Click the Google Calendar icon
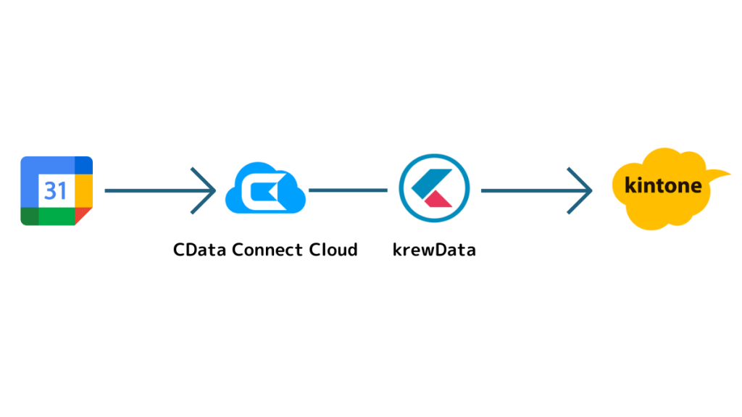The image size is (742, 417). pyautogui.click(x=57, y=191)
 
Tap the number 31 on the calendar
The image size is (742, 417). pyautogui.click(x=56, y=191)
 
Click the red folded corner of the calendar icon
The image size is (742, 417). pyautogui.click(x=83, y=216)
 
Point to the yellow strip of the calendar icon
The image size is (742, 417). pyautogui.click(x=84, y=191)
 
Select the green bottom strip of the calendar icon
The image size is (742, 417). pyautogui.click(x=57, y=216)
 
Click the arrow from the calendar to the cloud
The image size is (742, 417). pyautogui.click(x=160, y=190)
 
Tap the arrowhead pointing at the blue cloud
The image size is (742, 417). pyautogui.click(x=204, y=190)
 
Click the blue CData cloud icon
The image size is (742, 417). pyautogui.click(x=265, y=188)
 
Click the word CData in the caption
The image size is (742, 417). pyautogui.click(x=200, y=250)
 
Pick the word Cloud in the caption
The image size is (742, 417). pyautogui.click(x=333, y=250)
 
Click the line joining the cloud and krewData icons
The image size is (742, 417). pyautogui.click(x=348, y=190)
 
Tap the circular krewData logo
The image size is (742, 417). pyautogui.click(x=434, y=188)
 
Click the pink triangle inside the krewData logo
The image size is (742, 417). pyautogui.click(x=438, y=200)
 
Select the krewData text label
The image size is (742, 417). pyautogui.click(x=434, y=250)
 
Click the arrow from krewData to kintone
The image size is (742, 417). pyautogui.click(x=537, y=190)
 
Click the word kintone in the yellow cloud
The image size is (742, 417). pyautogui.click(x=664, y=185)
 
